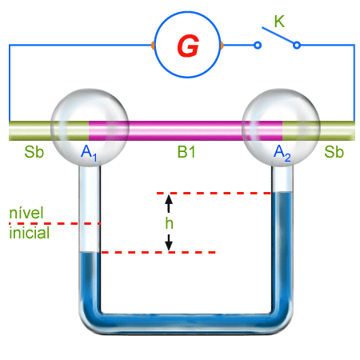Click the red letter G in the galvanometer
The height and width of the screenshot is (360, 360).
click(188, 46)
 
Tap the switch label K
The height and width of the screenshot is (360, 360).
click(279, 22)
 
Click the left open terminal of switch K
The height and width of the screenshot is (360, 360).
click(258, 45)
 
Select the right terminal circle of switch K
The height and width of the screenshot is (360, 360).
click(297, 45)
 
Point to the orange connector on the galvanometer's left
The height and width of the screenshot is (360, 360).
click(153, 46)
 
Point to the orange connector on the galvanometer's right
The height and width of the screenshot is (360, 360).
click(222, 46)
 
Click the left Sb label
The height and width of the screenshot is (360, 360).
click(34, 152)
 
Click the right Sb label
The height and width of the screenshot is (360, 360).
click(334, 152)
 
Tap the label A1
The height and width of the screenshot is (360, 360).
click(89, 153)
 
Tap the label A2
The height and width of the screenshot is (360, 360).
click(282, 153)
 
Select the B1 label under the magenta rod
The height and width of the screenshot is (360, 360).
click(186, 152)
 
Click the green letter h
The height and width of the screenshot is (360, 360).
click(169, 222)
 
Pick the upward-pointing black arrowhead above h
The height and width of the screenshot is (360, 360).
click(169, 200)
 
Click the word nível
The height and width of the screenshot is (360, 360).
click(26, 213)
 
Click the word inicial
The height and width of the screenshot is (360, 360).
click(30, 233)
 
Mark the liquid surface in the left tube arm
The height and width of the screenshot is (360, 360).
click(90, 252)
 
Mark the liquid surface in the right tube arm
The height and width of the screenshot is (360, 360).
click(282, 193)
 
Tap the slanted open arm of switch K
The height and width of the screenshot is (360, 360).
click(278, 35)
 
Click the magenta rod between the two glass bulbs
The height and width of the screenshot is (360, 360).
click(186, 130)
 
